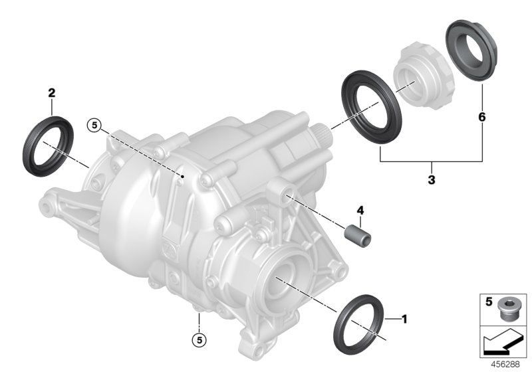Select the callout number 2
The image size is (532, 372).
point(51,94)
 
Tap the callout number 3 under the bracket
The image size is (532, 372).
point(431,179)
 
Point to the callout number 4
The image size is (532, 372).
point(360,211)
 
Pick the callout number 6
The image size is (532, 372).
point(481,117)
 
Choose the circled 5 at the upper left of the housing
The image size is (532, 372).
point(95,124)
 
